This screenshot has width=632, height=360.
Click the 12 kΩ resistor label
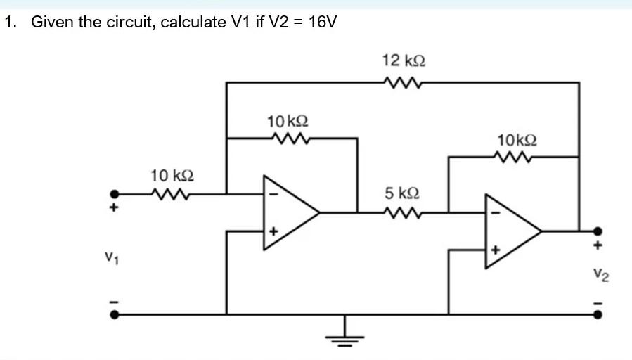click(x=403, y=60)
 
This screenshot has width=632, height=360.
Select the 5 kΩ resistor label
click(x=402, y=193)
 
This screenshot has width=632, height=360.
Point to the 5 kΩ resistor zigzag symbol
click(x=402, y=212)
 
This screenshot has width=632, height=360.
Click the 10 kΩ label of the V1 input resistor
click(x=172, y=174)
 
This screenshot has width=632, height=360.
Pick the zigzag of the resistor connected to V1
click(x=172, y=193)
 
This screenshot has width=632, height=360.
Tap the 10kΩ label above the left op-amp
click(x=288, y=121)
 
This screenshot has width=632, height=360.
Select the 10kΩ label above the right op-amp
click(x=517, y=139)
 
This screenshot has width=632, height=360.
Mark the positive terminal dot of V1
click(x=112, y=193)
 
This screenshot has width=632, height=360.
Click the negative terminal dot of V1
click(x=112, y=314)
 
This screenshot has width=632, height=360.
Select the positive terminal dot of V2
click(x=598, y=231)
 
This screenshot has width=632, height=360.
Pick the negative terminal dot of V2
click(x=598, y=314)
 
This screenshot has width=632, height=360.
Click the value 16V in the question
click(x=323, y=22)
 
